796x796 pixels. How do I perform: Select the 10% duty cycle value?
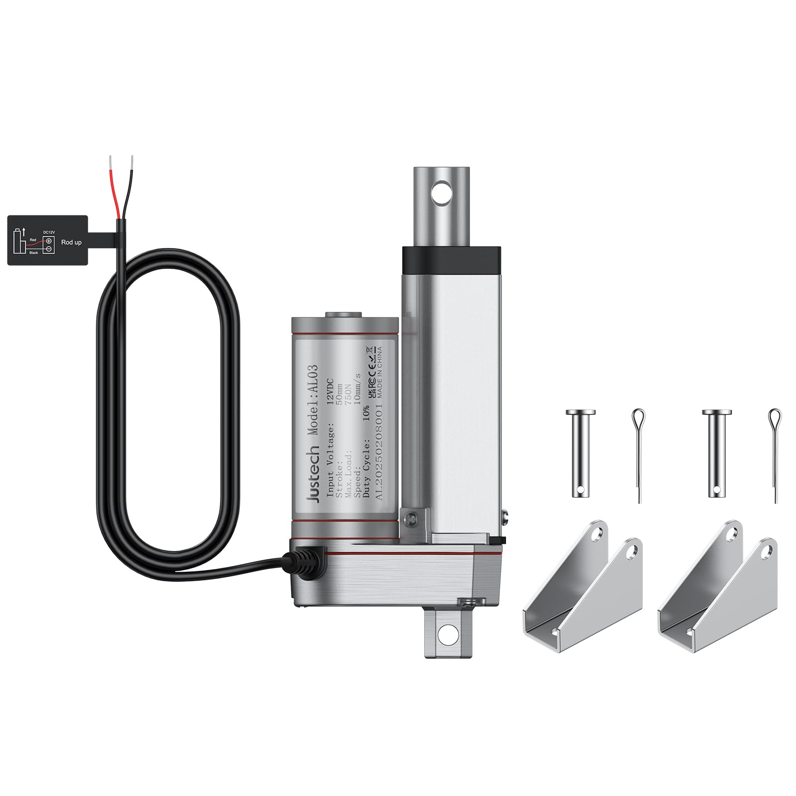366,412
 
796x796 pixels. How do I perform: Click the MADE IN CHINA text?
380,367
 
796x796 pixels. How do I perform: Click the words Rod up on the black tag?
71,242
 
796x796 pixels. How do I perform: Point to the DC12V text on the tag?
48,232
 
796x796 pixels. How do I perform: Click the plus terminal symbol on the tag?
49,241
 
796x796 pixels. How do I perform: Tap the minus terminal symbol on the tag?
49,250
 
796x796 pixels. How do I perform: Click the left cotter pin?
639,453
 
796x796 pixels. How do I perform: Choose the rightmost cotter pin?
775,453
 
